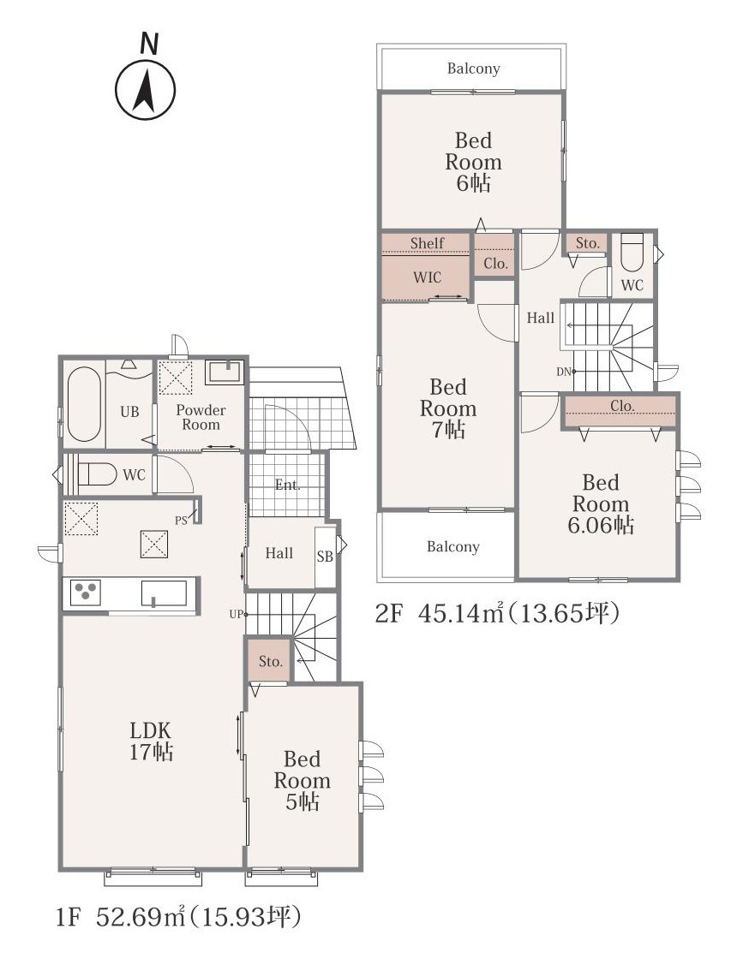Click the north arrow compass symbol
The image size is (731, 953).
[x=146, y=89]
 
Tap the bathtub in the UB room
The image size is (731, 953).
[x=83, y=403]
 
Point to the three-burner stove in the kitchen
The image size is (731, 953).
[x=85, y=593]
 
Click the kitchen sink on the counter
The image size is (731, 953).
[x=165, y=593]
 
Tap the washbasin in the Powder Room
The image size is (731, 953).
[x=225, y=372]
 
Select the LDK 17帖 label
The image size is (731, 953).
[x=151, y=742]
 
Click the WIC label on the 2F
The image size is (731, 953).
[x=427, y=277]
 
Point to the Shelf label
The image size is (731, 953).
[x=427, y=243]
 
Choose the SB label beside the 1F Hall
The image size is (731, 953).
[x=325, y=556]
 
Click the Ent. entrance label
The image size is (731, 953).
[x=288, y=485]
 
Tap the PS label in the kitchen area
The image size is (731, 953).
[x=181, y=521]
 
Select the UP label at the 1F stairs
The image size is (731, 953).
[x=236, y=615]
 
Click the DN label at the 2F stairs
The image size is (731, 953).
[x=563, y=372]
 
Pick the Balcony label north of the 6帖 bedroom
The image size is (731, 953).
[x=473, y=68]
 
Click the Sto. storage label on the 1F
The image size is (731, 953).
[x=271, y=661]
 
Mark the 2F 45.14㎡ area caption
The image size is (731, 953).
[x=497, y=614]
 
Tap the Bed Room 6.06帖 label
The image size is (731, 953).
[x=600, y=503]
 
